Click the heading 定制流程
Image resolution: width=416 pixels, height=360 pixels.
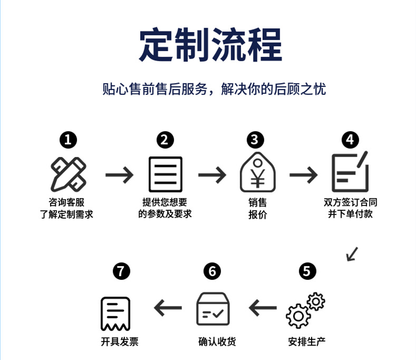(x=210, y=45)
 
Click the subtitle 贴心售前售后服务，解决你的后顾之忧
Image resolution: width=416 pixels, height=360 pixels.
(x=214, y=89)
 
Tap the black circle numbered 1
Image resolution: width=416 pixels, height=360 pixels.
(x=68, y=140)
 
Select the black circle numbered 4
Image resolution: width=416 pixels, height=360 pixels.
(x=350, y=140)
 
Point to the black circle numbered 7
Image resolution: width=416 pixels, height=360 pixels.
(x=121, y=271)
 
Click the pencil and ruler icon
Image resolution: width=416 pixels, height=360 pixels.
(x=69, y=174)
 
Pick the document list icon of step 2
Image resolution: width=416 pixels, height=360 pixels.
(x=166, y=174)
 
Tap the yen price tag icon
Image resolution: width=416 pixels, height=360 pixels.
(x=258, y=172)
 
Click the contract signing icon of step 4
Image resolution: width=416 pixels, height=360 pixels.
(x=350, y=172)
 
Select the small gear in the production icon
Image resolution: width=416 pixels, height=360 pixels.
(x=316, y=301)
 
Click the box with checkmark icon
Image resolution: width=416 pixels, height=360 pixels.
(x=213, y=309)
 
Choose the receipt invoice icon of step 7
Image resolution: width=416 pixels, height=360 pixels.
(x=115, y=314)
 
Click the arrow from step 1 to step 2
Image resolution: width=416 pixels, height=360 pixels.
(x=119, y=175)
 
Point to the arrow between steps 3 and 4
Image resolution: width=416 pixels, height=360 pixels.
(x=304, y=175)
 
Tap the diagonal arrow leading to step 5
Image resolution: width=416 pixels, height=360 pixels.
(x=352, y=254)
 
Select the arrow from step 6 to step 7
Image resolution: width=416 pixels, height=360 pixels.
(x=168, y=308)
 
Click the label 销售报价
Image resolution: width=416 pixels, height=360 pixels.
(x=258, y=209)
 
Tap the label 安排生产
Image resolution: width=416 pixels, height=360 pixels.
(x=307, y=342)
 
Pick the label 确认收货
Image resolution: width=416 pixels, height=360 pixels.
(x=217, y=342)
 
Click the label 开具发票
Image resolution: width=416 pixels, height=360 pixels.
(x=120, y=342)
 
